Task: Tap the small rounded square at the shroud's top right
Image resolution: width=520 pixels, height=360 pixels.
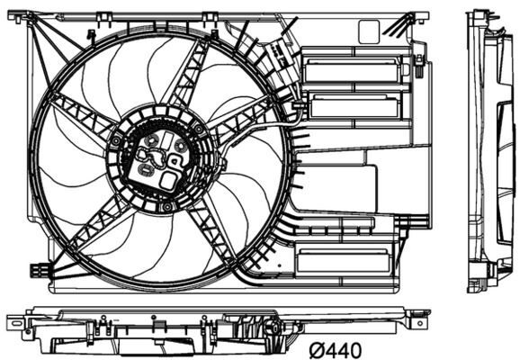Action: point(369,31)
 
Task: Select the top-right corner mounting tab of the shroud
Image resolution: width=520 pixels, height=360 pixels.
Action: point(420,15)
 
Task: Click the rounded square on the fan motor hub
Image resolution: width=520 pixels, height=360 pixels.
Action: point(167,180)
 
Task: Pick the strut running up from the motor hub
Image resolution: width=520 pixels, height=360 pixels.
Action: point(186,80)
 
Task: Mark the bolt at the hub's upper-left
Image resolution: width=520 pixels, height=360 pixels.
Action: point(117,141)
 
